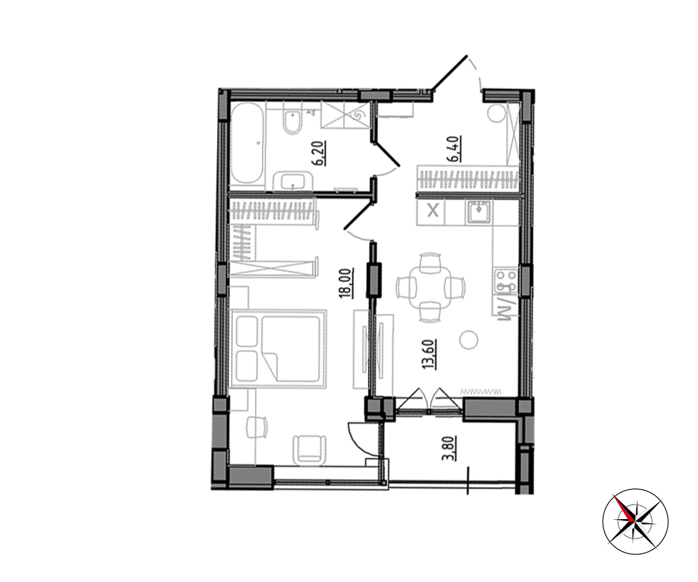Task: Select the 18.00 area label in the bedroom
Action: (347, 283)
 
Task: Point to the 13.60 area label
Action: (429, 354)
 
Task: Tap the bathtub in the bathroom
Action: (248, 143)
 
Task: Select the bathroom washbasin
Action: (293, 182)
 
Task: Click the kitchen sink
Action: (479, 212)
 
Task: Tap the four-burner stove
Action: (506, 281)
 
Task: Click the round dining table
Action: (430, 288)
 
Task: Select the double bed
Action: (278, 349)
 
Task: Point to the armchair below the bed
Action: (309, 450)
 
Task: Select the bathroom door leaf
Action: (386, 153)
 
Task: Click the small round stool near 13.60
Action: (469, 340)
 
